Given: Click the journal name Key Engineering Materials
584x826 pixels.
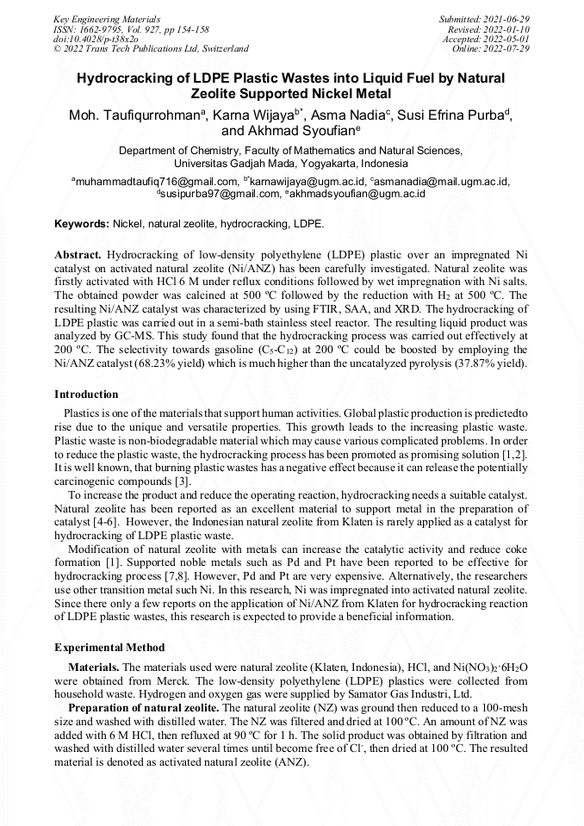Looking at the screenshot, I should point(107,19).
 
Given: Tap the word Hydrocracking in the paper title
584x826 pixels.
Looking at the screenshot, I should point(127,78).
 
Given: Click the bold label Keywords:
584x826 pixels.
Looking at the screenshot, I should point(82,224).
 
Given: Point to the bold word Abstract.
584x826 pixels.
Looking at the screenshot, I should point(78,256).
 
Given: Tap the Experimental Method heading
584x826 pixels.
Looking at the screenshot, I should point(109,647).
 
